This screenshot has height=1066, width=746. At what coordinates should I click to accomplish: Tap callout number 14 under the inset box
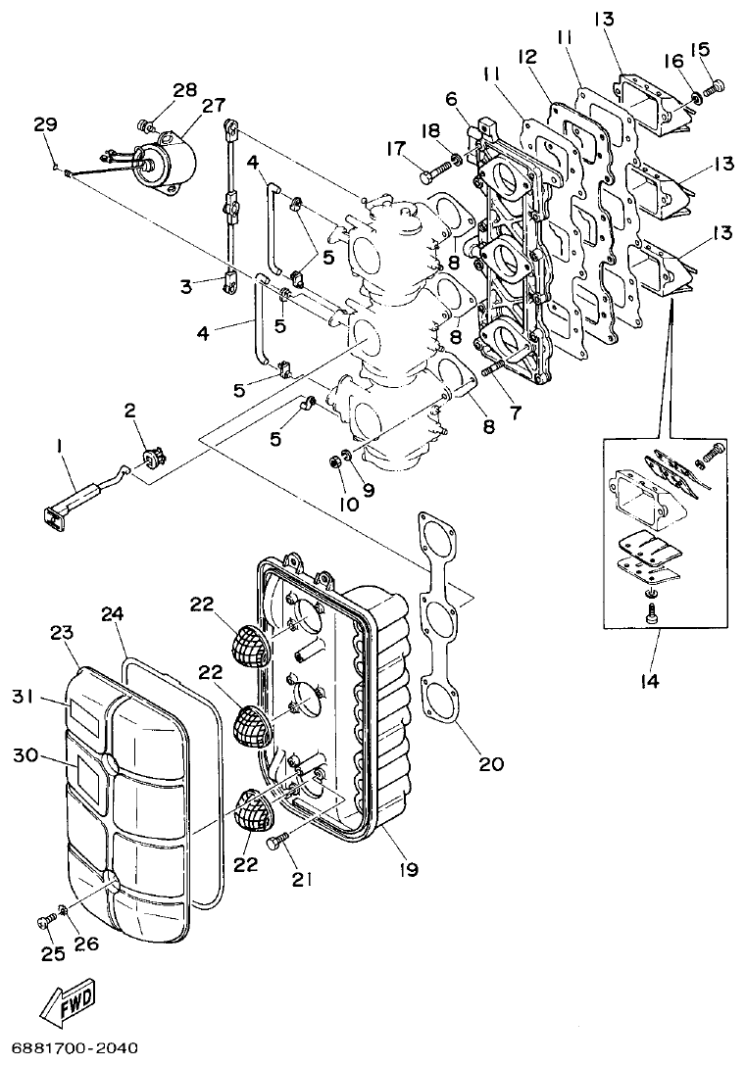click(650, 679)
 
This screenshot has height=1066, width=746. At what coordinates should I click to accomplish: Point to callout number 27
click(213, 106)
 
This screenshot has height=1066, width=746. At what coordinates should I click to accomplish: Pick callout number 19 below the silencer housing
click(410, 868)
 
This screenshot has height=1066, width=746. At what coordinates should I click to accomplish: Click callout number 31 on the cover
click(24, 696)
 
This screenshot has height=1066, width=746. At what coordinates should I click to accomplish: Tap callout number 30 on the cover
click(24, 755)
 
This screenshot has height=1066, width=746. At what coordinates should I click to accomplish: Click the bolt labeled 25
click(44, 921)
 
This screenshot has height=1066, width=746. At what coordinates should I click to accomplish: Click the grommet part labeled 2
click(152, 458)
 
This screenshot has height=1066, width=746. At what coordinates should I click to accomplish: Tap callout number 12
click(528, 58)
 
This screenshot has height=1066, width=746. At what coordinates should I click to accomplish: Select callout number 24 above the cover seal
click(113, 614)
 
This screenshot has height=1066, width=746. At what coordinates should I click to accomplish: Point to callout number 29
click(44, 124)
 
